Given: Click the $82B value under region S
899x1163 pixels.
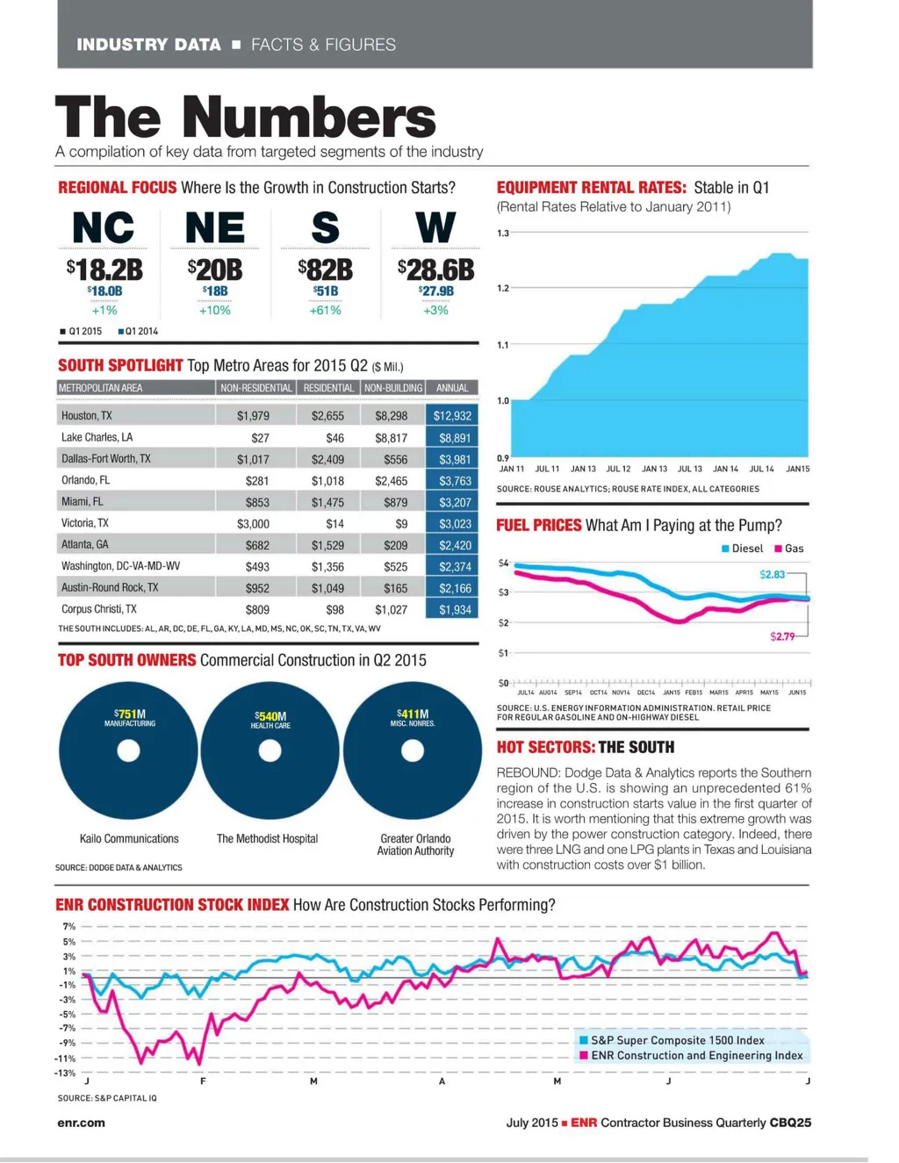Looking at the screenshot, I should [x=325, y=269].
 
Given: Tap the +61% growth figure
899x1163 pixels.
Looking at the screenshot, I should [x=325, y=311].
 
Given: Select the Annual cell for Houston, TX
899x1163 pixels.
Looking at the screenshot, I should [x=452, y=416].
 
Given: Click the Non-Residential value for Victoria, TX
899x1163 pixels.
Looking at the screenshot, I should [x=253, y=524].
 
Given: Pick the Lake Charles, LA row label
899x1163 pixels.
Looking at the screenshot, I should [x=97, y=437].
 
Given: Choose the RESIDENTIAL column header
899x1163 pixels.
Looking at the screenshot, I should [x=328, y=388].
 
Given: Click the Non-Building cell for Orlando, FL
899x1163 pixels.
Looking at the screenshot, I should [x=392, y=481].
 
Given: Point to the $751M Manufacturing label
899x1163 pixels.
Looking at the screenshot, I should [x=130, y=717].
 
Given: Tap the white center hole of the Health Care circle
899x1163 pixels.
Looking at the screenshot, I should [x=270, y=750].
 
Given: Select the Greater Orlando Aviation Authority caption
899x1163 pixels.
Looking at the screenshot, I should [x=415, y=844].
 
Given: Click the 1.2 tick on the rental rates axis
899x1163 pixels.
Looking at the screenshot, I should [x=503, y=288].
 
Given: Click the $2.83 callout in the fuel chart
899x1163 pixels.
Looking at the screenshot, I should [x=773, y=574].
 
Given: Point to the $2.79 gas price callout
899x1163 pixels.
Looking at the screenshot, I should [x=782, y=636].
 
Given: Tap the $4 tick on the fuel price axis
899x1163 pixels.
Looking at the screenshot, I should [x=503, y=563].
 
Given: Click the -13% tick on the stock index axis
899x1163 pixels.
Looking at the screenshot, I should [x=65, y=1073].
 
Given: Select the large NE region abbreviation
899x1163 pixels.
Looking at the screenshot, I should [x=214, y=228].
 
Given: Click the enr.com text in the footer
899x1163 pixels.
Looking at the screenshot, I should [x=81, y=1123].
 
